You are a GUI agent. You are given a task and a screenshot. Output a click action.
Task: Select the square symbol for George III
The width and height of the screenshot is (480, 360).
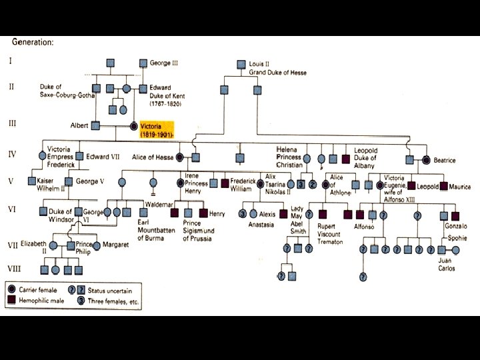click(143, 63)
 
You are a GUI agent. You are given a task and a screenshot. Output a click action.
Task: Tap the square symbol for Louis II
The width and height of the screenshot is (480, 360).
click(242, 65)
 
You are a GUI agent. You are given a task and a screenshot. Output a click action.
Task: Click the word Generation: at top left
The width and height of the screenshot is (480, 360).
click(33, 42)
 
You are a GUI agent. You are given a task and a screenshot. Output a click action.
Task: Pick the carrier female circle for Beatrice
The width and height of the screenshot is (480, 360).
click(427, 159)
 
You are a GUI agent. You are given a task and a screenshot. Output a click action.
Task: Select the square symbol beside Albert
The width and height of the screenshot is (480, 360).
click(95, 125)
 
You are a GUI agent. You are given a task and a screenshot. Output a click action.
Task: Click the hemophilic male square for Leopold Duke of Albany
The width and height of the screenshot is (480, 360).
click(345, 159)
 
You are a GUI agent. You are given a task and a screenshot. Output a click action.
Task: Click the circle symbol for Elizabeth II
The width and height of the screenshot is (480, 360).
click(53, 246)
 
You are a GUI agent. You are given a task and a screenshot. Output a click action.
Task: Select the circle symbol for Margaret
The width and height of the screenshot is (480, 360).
click(97, 246)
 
